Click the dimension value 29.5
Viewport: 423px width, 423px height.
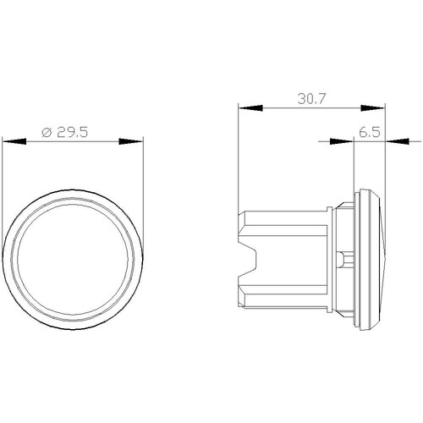click(x=73, y=132)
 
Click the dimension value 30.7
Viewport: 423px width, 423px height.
click(x=311, y=99)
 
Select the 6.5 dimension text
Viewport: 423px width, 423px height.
click(x=370, y=132)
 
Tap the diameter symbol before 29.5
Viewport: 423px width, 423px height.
click(x=47, y=132)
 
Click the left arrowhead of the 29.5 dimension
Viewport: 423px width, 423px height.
click(x=14, y=141)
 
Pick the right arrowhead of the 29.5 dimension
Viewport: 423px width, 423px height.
click(x=131, y=141)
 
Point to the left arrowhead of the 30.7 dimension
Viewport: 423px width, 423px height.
click(x=250, y=107)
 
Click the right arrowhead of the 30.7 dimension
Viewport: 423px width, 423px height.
click(x=373, y=107)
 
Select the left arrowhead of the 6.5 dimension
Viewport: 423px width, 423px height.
click(x=342, y=141)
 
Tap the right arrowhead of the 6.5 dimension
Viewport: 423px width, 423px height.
click(x=397, y=141)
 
